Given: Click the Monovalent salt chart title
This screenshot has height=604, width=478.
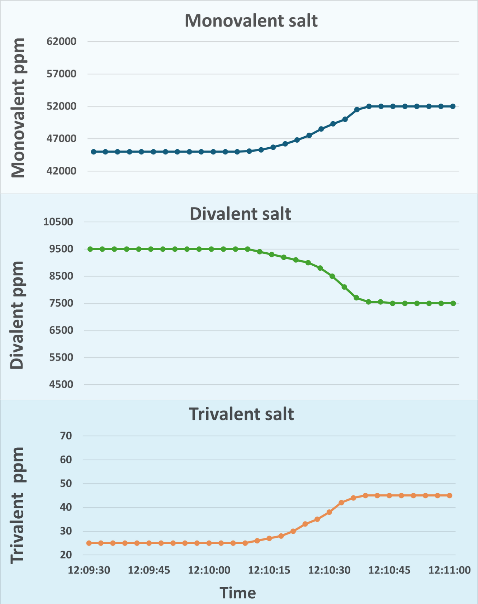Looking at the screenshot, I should [251, 21].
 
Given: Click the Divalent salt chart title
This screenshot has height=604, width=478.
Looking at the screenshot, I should [240, 214].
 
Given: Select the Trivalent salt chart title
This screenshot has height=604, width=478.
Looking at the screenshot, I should [241, 414].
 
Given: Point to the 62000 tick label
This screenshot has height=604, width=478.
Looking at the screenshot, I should [61, 42].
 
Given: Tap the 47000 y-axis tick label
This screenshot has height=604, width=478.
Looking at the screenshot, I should [61, 139].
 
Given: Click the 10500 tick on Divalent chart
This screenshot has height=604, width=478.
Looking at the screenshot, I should [58, 222].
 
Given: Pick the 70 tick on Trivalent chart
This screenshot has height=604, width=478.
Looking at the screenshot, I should [66, 436].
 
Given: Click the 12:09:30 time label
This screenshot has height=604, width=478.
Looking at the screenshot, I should [89, 570].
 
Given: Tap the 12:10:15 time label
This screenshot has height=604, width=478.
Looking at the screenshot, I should [269, 570].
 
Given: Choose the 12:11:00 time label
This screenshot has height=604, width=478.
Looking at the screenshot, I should [449, 570].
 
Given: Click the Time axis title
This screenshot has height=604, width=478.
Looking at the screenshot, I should [238, 593].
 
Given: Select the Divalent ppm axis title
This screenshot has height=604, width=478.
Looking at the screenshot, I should [16, 315].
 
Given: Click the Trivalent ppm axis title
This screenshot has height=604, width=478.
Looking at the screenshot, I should [17, 505].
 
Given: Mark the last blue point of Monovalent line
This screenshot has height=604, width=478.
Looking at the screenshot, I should [453, 106].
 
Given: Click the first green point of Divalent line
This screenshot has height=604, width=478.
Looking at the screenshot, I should [90, 249].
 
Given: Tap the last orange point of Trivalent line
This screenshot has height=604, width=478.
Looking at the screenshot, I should [450, 496].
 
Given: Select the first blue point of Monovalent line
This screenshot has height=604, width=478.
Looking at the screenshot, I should [94, 152].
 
